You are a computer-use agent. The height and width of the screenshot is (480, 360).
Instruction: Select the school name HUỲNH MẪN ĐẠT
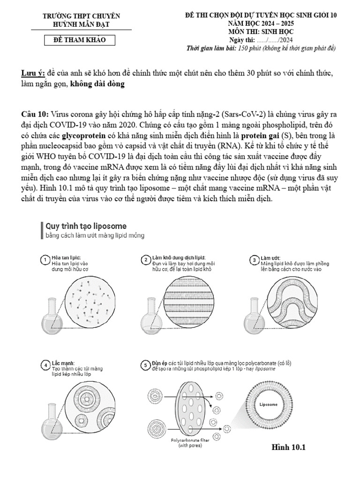click(x=81, y=23)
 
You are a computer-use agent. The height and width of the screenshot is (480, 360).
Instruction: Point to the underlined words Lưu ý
click(x=33, y=74)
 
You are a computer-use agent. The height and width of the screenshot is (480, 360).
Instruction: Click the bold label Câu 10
click(x=35, y=114)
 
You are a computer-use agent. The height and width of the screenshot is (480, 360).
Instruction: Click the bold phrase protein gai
click(x=260, y=135)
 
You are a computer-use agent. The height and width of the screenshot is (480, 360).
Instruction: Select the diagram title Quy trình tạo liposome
click(x=86, y=226)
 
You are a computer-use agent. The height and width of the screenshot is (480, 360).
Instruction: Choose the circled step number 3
click(x=254, y=260)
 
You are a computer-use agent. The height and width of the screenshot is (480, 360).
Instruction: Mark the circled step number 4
click(x=45, y=366)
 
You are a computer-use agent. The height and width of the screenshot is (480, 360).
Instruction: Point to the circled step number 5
click(x=146, y=366)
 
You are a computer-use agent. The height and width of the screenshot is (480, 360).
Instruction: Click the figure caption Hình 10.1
click(x=288, y=447)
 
